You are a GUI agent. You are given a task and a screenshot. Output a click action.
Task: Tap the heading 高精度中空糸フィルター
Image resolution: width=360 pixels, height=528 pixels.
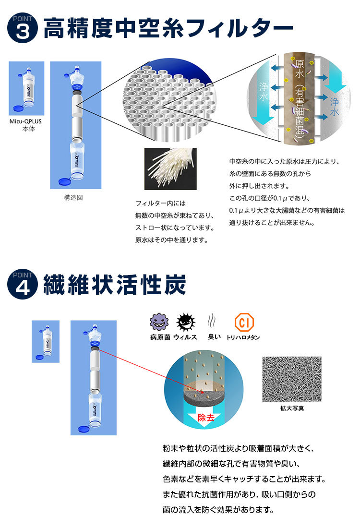click(168, 28)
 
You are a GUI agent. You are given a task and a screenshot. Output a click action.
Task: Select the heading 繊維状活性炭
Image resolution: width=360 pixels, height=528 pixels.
click(115, 285)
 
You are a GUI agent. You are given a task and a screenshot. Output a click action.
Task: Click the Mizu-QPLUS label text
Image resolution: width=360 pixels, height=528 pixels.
click(25, 121)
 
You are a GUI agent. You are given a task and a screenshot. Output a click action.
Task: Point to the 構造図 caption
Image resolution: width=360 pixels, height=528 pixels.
click(73, 198)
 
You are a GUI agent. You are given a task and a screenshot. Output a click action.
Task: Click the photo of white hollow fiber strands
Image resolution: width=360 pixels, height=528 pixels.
click(170, 168)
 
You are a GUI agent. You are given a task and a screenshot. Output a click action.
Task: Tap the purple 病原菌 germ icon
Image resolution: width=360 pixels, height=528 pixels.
click(158, 322)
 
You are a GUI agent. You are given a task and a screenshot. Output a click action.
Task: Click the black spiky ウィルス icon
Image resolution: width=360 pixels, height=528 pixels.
click(186, 322)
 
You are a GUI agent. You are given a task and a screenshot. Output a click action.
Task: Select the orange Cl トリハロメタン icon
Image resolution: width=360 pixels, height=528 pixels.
click(244, 322)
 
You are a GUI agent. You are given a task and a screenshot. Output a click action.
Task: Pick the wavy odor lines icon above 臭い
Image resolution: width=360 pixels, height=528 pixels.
click(212, 321)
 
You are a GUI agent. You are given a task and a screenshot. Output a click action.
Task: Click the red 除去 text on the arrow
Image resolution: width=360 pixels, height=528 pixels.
click(206, 418)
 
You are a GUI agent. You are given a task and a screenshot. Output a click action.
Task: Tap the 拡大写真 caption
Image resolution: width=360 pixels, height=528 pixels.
click(292, 408)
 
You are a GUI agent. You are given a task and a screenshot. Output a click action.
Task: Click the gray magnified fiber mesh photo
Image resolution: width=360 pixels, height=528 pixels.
click(292, 379)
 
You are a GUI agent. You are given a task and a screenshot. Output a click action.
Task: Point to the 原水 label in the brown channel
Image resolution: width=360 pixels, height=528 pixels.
click(300, 70)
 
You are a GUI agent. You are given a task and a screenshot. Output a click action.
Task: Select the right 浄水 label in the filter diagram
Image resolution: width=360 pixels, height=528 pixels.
click(335, 107)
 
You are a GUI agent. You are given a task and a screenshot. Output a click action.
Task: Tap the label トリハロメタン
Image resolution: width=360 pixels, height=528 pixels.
click(243, 337)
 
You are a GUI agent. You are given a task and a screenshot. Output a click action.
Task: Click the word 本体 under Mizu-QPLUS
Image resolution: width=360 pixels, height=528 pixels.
click(29, 129)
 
